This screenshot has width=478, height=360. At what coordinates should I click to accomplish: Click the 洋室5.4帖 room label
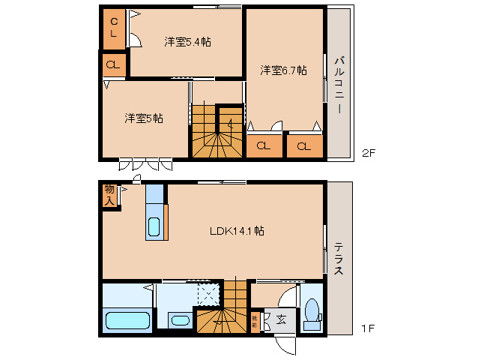(x=187, y=42)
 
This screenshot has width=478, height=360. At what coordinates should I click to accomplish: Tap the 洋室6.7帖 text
(x=283, y=70)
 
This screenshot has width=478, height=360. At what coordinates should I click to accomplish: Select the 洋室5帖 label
(x=144, y=118)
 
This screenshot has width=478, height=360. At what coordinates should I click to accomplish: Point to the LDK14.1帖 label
(x=236, y=231)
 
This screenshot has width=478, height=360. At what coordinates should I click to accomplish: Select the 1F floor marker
(x=368, y=328)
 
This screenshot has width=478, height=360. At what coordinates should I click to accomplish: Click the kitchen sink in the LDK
(x=154, y=227)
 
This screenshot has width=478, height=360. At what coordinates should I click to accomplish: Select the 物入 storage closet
(x=110, y=195)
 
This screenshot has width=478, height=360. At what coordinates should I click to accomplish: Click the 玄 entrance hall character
(x=281, y=320)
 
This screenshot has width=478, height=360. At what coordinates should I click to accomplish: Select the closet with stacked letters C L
(x=114, y=28)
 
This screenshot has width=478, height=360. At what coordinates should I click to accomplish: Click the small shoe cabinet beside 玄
(x=255, y=321)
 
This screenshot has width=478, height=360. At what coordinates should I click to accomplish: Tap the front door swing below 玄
(x=286, y=346)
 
